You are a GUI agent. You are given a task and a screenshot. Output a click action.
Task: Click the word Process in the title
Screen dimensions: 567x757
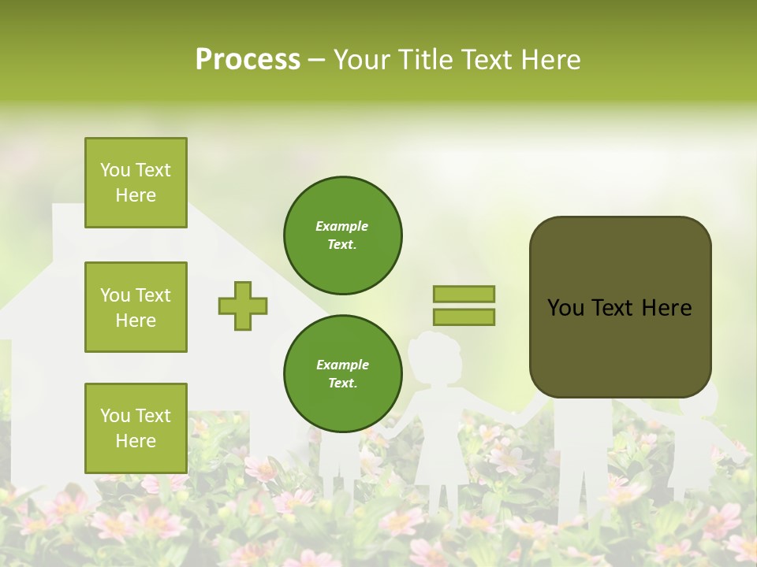248,59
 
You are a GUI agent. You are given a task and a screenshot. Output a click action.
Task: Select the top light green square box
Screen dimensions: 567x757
136,183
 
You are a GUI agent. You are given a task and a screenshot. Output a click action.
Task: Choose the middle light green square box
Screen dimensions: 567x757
136,307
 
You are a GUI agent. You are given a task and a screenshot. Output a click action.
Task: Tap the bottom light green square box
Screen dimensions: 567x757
136,428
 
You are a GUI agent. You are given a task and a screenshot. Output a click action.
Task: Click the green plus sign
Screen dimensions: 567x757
243,306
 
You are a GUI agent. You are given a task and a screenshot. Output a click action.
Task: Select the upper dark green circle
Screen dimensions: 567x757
343,235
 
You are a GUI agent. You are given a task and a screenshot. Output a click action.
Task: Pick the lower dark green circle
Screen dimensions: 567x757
343,373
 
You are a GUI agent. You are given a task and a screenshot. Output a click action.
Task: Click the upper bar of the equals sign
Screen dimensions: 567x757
464,295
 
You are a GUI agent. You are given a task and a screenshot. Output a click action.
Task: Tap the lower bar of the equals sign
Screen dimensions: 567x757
464,317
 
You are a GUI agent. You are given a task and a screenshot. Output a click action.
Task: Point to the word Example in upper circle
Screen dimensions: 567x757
342,226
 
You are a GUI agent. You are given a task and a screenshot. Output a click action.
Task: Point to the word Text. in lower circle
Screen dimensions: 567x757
342,383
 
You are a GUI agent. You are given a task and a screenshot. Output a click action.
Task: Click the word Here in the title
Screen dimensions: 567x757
547,59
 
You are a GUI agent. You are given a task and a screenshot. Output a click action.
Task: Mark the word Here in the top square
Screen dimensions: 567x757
136,195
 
